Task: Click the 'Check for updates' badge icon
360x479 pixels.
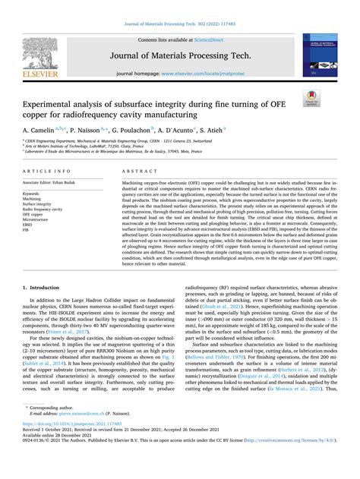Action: tap(310, 99)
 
